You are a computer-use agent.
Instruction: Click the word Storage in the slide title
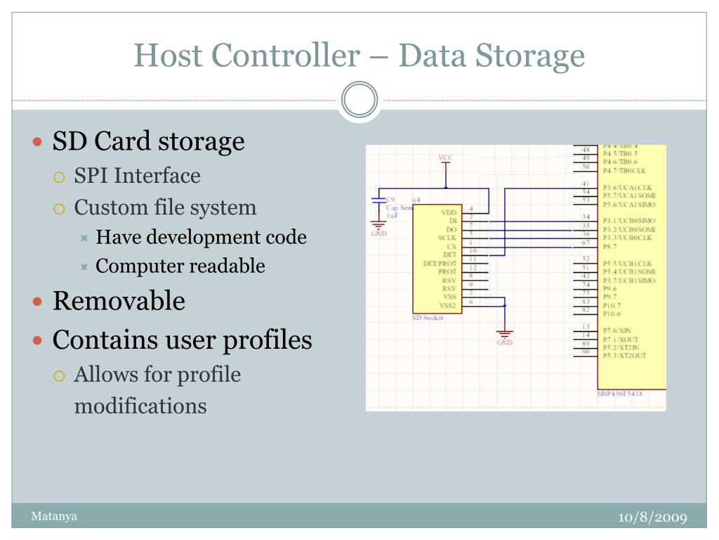[x=532, y=56]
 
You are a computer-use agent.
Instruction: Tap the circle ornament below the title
[x=359, y=100]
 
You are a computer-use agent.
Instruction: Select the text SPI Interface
[x=137, y=175]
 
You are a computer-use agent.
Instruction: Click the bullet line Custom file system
[x=165, y=207]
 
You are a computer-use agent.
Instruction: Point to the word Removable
[x=119, y=301]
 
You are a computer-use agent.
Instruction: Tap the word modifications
[x=140, y=406]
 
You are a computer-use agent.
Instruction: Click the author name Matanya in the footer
[x=54, y=517]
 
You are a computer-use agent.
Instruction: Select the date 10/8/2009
[x=652, y=517]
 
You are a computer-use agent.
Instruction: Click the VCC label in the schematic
[x=445, y=157]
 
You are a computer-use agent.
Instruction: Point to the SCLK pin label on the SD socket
[x=447, y=238]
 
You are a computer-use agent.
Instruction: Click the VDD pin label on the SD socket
[x=449, y=212]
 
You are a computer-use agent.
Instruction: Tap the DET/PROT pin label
[x=442, y=263]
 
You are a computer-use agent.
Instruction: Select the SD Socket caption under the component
[x=428, y=318]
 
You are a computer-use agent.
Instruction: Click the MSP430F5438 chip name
[x=619, y=394]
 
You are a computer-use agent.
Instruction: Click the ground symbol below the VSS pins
[x=504, y=333]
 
